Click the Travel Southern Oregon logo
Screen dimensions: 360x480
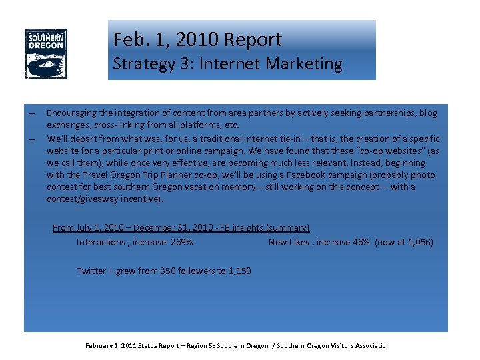tap(46, 54)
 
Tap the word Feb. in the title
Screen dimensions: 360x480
tap(129, 40)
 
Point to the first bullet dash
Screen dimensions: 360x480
tap(31, 113)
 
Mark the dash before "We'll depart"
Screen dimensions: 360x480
tap(31, 139)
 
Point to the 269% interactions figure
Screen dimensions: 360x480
tap(182, 243)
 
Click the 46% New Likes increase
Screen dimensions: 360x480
tap(361, 243)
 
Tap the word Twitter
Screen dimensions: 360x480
tap(91, 271)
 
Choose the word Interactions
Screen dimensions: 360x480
tap(100, 243)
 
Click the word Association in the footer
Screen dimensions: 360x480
tap(370, 345)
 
